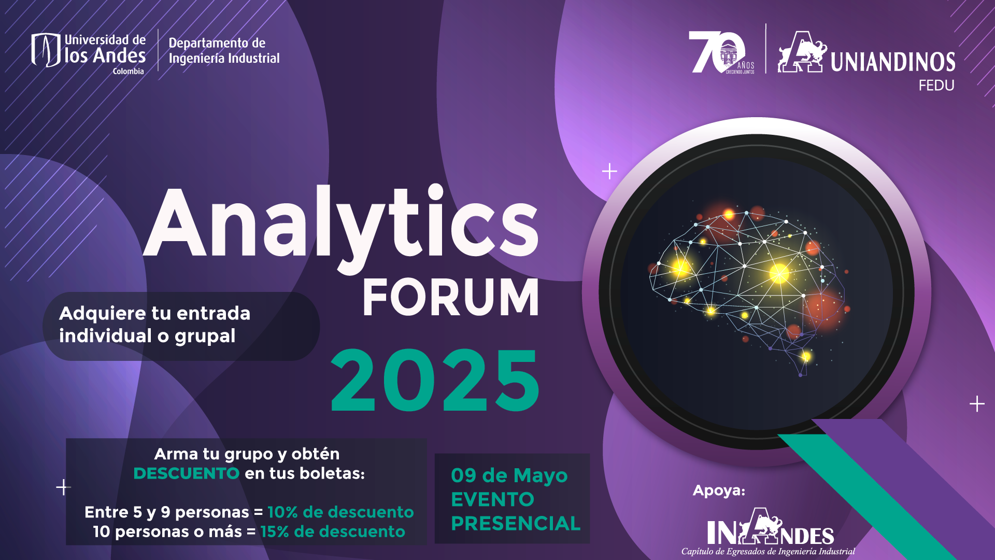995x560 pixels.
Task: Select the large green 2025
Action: pyautogui.click(x=435, y=380)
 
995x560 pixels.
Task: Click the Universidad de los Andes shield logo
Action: pyautogui.click(x=46, y=50)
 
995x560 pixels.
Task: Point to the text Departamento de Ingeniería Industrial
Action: pyautogui.click(x=224, y=50)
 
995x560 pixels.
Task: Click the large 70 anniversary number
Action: pyautogui.click(x=716, y=52)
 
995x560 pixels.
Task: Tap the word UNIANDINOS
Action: pyautogui.click(x=893, y=62)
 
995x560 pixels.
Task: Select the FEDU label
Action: pyautogui.click(x=936, y=86)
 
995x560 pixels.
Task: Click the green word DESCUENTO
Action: pyautogui.click(x=186, y=473)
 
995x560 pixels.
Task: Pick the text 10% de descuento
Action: pyautogui.click(x=340, y=512)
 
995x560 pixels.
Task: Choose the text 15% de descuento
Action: pyautogui.click(x=333, y=531)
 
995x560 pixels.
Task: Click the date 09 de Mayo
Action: pyautogui.click(x=509, y=475)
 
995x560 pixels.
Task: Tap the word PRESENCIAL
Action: pyautogui.click(x=516, y=524)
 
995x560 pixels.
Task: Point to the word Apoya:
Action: pyautogui.click(x=719, y=491)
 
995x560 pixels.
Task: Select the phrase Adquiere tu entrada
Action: pyautogui.click(x=154, y=313)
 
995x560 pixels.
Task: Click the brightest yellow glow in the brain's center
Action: pyautogui.click(x=779, y=273)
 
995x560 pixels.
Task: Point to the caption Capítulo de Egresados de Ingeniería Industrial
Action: pyautogui.click(x=768, y=552)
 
